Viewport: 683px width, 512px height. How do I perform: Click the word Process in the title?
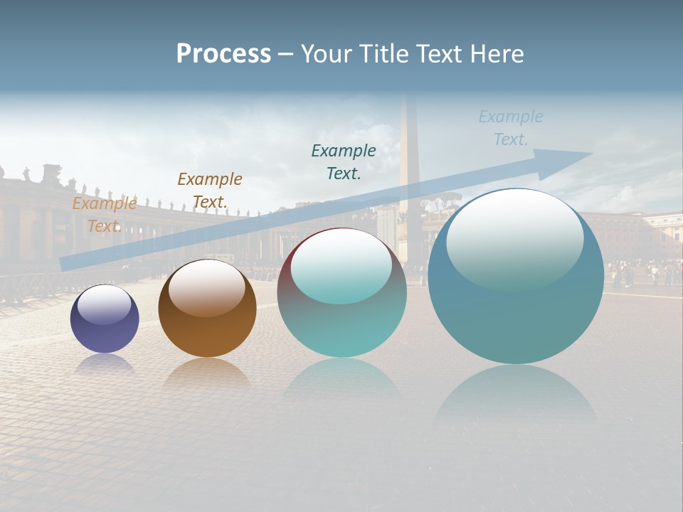pos(223,54)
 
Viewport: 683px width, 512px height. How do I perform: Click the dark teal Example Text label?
pos(344,161)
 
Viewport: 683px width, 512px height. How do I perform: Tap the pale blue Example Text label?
pos(511,127)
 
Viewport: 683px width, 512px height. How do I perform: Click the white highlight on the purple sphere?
pos(105,304)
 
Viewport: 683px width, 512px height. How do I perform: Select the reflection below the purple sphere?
pos(105,363)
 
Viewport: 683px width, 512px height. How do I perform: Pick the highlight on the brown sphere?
pos(207,287)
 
